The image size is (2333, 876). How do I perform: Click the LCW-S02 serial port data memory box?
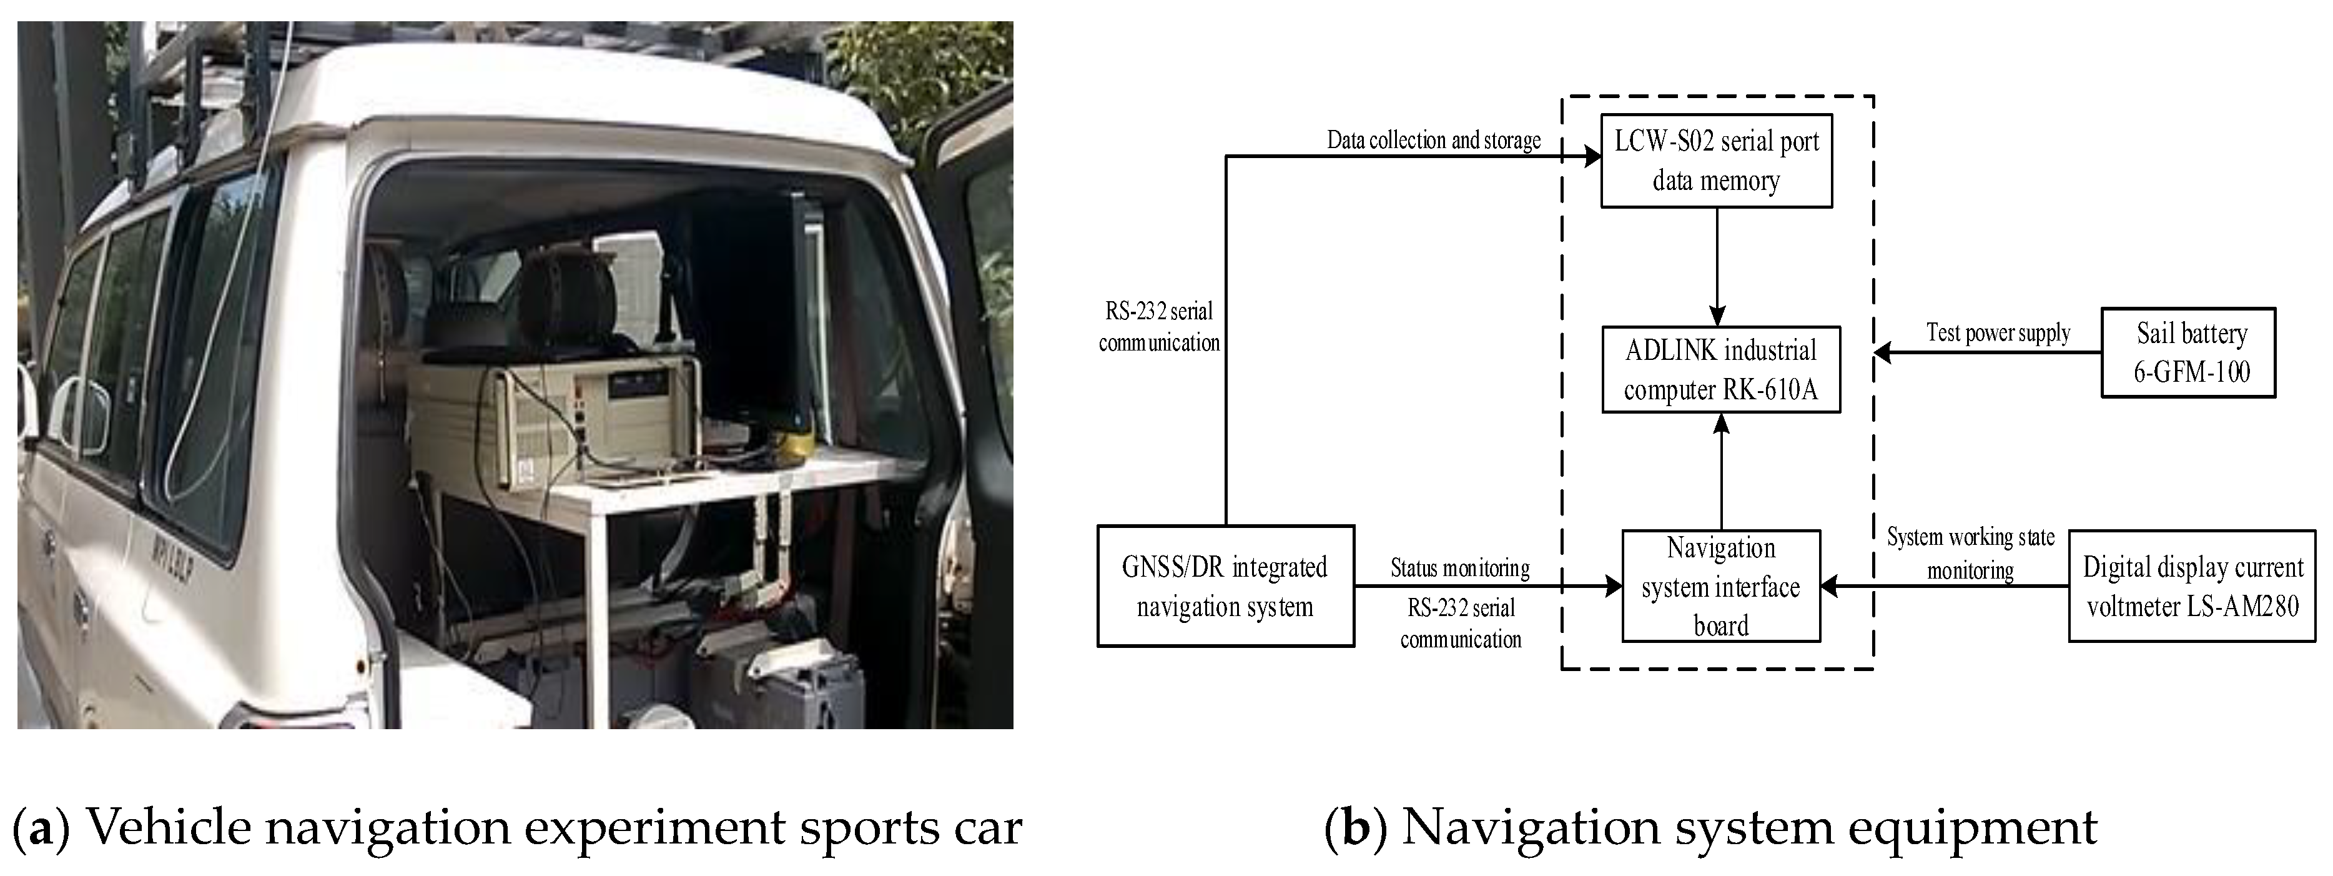[1716, 161]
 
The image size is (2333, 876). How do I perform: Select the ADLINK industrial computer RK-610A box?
[1721, 370]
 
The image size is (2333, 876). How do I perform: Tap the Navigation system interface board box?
[1721, 586]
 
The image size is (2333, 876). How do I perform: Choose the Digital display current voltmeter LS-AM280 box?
[2192, 586]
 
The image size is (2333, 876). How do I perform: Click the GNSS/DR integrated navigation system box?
[1225, 586]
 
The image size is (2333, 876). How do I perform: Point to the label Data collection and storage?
[1434, 141]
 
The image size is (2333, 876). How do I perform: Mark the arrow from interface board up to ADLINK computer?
[1722, 471]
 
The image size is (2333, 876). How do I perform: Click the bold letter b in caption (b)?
[1355, 827]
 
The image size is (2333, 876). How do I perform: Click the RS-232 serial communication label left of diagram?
[1159, 327]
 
